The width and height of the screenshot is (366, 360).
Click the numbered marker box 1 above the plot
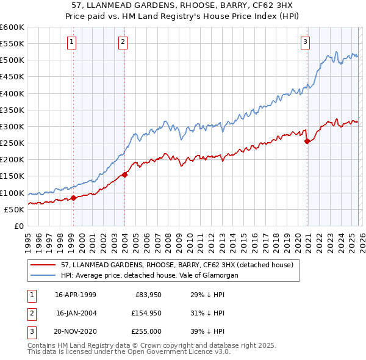pyautogui.click(x=72, y=42)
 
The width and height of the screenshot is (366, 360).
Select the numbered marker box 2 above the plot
pyautogui.click(x=123, y=42)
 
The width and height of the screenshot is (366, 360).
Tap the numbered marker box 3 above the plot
pyautogui.click(x=305, y=42)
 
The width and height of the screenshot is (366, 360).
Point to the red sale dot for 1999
pyautogui.click(x=74, y=198)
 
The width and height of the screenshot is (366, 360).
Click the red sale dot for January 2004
pyautogui.click(x=124, y=175)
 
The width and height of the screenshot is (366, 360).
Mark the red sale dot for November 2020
pyautogui.click(x=307, y=142)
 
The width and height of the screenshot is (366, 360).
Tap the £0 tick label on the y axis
pyautogui.click(x=18, y=226)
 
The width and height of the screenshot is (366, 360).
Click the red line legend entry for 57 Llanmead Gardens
pyautogui.click(x=177, y=265)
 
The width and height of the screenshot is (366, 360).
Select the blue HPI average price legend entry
pyautogui.click(x=149, y=275)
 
